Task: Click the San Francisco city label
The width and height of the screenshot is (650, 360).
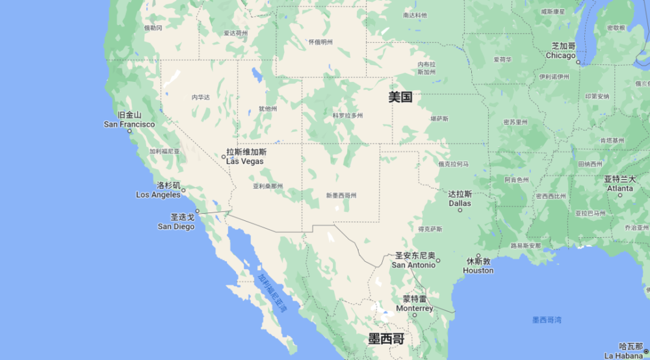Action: tap(129, 120)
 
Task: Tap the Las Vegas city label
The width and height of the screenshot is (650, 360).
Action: tap(245, 157)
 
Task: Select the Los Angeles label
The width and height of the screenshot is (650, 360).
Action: tap(159, 190)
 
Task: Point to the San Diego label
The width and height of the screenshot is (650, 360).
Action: tap(176, 222)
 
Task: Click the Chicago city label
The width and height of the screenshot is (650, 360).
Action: tap(561, 51)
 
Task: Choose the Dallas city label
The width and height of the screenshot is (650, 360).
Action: tap(460, 198)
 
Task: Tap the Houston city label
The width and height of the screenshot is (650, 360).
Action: tap(478, 266)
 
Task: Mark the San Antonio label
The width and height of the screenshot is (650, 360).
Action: tap(413, 260)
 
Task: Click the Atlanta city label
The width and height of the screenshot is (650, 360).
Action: tap(619, 183)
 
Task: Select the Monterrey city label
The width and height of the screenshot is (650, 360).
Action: tap(415, 303)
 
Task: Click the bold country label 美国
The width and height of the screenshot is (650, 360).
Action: tap(400, 97)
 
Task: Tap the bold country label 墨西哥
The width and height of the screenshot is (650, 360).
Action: tap(386, 339)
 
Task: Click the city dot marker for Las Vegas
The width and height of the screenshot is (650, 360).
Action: tap(224, 156)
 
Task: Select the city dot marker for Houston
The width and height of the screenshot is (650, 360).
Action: tap(478, 255)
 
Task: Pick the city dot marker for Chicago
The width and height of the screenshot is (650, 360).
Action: tap(578, 63)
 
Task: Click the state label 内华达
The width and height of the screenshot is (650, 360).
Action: tap(201, 97)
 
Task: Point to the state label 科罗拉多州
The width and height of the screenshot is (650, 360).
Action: tap(348, 115)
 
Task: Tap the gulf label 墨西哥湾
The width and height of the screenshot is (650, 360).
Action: tap(547, 319)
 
